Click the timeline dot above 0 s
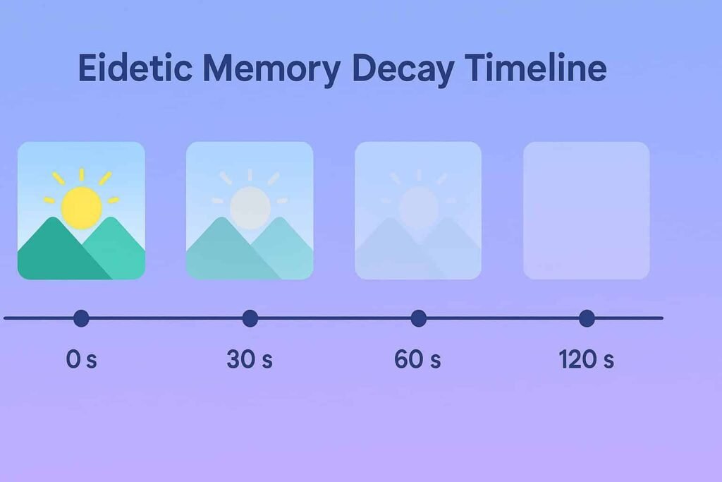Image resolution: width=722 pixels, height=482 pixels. click(x=81, y=318)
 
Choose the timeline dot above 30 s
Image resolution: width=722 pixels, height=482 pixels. click(x=250, y=318)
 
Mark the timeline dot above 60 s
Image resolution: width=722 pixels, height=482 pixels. click(x=418, y=318)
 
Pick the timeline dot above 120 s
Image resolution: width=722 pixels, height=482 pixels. click(x=587, y=318)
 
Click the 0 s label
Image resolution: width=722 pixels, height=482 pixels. click(x=81, y=359)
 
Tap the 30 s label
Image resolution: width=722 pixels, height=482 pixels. click(x=250, y=359)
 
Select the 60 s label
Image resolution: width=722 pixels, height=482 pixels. click(x=418, y=359)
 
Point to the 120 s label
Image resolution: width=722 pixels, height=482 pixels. click(x=587, y=359)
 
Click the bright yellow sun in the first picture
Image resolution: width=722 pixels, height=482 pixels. click(x=82, y=207)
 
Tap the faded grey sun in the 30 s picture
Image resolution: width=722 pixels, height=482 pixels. click(x=250, y=206)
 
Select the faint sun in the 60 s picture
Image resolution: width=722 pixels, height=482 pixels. click(x=419, y=206)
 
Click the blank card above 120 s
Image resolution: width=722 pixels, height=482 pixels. click(x=586, y=210)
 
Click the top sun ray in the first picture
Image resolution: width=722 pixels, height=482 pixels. click(x=81, y=175)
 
